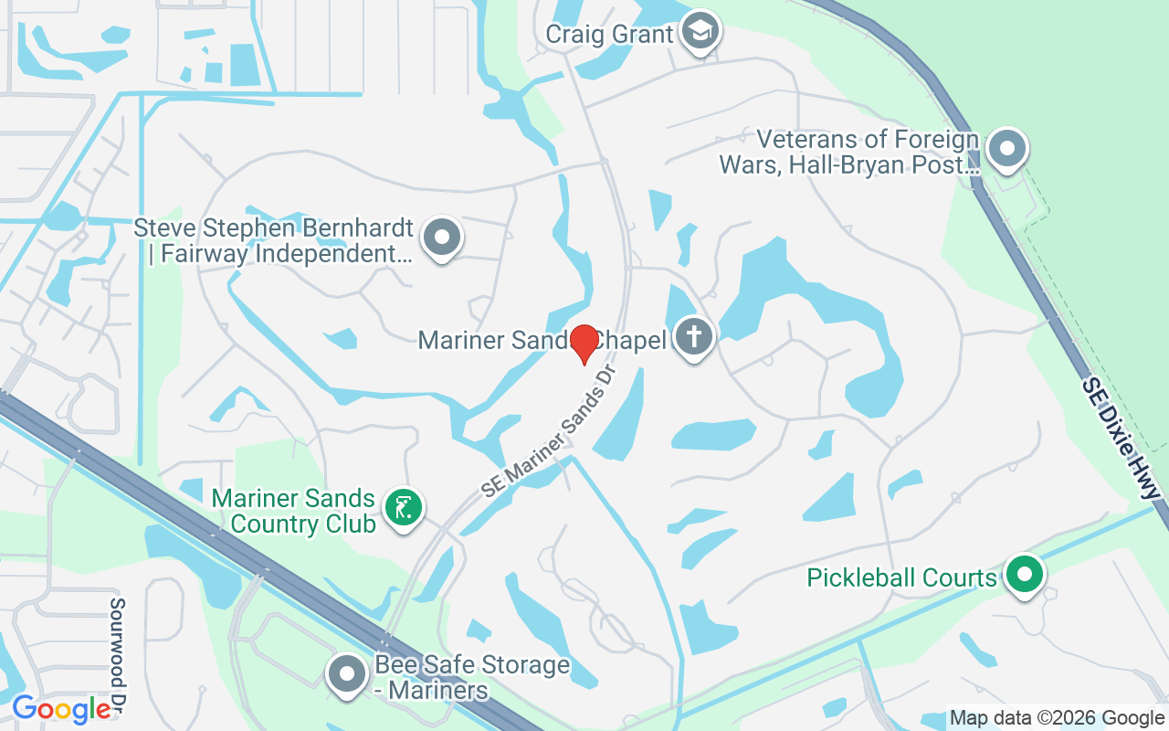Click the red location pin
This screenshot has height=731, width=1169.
pos(584,344)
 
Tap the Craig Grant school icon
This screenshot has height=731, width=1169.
pos(700,32)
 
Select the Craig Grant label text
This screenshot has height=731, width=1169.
pos(609,35)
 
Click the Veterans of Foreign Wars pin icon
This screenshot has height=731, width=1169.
pos(1006,148)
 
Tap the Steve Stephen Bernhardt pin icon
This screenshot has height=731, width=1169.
pos(443,237)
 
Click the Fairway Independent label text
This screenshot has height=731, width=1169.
pos(279,254)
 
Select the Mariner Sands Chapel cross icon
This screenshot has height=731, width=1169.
pos(694,337)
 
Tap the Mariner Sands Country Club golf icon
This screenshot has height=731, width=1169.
pos(403,507)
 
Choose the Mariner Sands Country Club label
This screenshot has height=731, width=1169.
pos(293,512)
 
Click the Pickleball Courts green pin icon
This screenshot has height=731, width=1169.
pos(1025,575)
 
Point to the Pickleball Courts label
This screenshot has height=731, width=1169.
pos(901,578)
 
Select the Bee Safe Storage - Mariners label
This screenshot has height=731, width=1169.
pos(472,677)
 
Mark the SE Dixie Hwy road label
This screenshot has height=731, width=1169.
pos(1120,438)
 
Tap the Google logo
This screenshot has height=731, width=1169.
pos(61,709)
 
